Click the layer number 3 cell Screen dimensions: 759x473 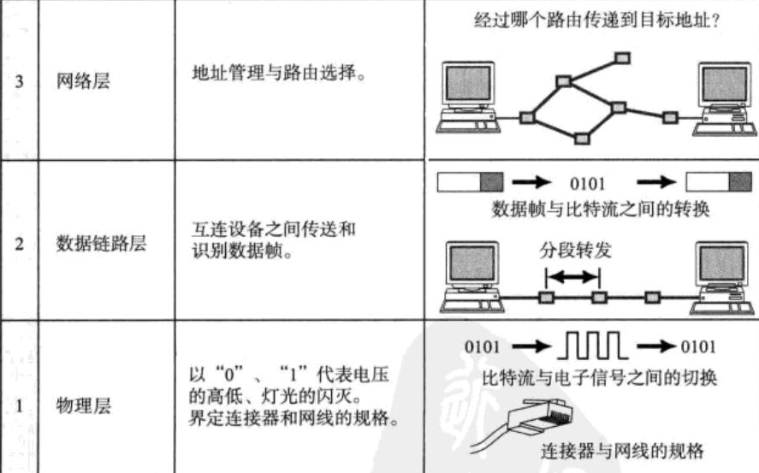(x=18, y=84)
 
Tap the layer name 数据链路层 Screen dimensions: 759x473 (x=101, y=243)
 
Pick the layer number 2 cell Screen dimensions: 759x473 (x=18, y=243)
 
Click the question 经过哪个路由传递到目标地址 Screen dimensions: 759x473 (x=595, y=18)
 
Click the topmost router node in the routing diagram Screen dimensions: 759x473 (x=623, y=58)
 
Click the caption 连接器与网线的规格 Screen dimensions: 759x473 (x=626, y=450)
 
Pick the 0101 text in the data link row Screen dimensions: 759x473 (x=588, y=183)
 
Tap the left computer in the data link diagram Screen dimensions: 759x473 (x=469, y=272)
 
